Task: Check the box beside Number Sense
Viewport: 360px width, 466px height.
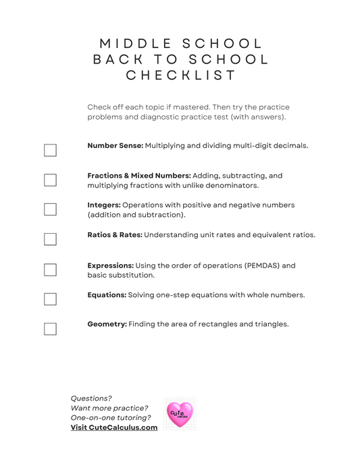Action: pos(50,150)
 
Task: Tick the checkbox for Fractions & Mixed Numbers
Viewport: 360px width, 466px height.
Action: pos(50,180)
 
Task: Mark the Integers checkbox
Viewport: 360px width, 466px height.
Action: pos(50,209)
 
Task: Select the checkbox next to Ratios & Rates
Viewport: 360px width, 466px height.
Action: pos(50,239)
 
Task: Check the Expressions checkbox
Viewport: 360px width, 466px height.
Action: pos(50,269)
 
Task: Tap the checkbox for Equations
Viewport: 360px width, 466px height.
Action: pos(50,299)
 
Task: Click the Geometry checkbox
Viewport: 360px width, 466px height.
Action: pos(50,329)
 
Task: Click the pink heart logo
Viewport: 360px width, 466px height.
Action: pos(180,413)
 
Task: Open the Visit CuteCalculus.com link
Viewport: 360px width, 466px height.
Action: pos(114,428)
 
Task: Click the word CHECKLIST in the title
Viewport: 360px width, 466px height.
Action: pos(181,75)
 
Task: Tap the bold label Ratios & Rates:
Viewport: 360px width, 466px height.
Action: pos(114,235)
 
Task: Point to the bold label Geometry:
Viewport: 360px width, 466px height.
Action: pos(107,324)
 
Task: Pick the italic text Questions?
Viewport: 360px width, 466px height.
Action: pos(91,398)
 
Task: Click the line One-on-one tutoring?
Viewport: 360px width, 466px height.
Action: pos(111,418)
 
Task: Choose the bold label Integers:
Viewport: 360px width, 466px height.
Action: pos(104,205)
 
